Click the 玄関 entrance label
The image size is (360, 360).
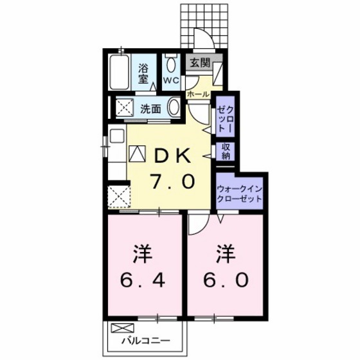click(199, 62)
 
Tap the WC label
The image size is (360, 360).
click(170, 80)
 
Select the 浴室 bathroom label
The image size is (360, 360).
click(143, 75)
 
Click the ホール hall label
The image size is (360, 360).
click(198, 94)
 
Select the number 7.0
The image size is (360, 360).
click(171, 183)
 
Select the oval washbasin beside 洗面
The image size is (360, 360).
click(175, 107)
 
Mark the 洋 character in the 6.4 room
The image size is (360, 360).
click(143, 253)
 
